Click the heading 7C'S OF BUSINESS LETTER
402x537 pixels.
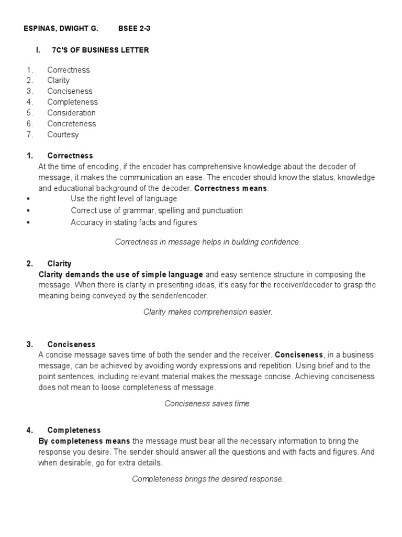point(100,50)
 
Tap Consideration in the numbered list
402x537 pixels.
point(71,113)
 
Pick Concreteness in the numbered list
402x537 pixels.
point(71,124)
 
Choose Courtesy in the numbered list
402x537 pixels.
point(63,134)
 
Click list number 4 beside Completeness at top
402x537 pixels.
point(29,102)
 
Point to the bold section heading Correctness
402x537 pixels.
point(70,156)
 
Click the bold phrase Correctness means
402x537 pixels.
point(230,188)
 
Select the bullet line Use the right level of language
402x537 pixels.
point(124,199)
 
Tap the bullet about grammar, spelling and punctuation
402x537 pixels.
point(157,210)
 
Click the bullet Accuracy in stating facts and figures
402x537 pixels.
point(133,222)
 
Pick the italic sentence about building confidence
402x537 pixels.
point(208,242)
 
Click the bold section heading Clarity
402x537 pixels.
point(59,264)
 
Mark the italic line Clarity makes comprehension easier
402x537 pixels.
point(208,312)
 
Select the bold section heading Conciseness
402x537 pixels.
point(71,345)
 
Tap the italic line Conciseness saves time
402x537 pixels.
point(208,403)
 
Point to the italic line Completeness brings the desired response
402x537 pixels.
point(208,479)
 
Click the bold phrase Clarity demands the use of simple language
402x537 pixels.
point(121,274)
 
